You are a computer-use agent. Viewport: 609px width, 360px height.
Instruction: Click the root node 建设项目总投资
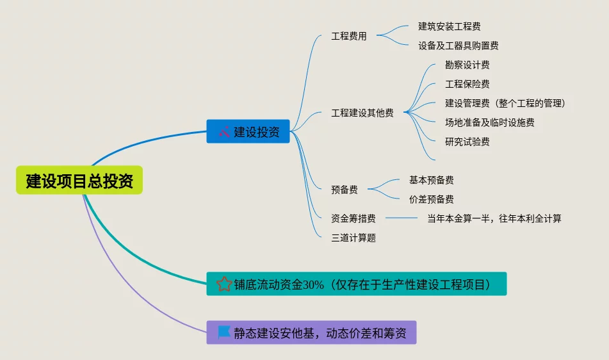pos(79,181)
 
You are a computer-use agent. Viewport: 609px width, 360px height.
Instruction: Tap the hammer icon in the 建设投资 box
pos(224,132)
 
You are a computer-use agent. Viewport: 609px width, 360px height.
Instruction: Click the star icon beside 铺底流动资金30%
pos(224,284)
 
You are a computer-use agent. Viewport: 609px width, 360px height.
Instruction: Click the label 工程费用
pos(349,37)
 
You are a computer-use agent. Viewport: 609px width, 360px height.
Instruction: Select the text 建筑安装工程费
pos(450,26)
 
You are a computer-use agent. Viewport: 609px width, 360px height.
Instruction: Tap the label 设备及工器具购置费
pos(459,45)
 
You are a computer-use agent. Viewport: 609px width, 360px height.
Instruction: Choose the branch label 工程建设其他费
pos(362,113)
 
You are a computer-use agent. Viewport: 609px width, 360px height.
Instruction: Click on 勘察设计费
pos(467,65)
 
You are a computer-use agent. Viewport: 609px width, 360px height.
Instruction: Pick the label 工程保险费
pos(467,84)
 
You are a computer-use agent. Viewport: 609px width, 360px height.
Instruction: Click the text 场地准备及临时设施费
pos(490,122)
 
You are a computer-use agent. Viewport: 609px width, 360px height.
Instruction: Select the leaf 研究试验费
pos(467,142)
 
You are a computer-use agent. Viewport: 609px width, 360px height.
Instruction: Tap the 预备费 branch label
pos(345,190)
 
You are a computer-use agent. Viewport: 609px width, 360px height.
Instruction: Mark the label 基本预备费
pos(432,180)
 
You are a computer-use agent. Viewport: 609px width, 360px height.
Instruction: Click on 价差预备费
pos(432,199)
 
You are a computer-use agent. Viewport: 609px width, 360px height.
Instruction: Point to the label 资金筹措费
pos(353,218)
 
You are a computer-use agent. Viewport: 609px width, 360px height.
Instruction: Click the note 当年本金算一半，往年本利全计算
pos(494,218)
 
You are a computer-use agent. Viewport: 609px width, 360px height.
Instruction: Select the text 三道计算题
pos(353,238)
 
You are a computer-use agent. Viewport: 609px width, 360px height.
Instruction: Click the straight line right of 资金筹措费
pos(402,218)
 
